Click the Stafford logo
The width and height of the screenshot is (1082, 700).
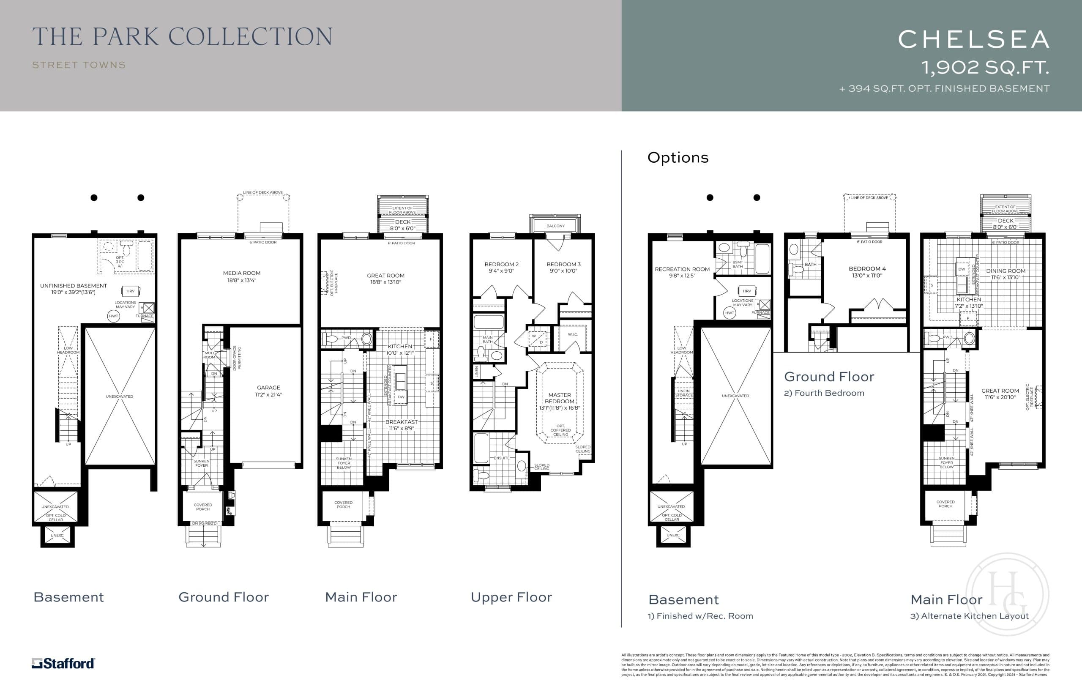tap(63, 663)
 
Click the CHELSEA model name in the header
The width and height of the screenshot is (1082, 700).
tap(974, 40)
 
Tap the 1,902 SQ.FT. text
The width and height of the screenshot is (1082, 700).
tap(985, 68)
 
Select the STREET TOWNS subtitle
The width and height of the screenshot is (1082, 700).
tap(79, 65)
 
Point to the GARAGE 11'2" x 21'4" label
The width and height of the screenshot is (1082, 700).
tap(268, 391)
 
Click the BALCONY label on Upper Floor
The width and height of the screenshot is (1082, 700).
tap(555, 226)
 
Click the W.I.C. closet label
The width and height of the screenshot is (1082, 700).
tap(573, 334)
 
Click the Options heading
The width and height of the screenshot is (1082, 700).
tap(678, 158)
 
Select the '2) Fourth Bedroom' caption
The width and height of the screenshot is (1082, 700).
tap(824, 393)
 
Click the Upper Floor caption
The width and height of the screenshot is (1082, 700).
tap(511, 597)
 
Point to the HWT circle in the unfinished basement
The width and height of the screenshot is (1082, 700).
tap(114, 316)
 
